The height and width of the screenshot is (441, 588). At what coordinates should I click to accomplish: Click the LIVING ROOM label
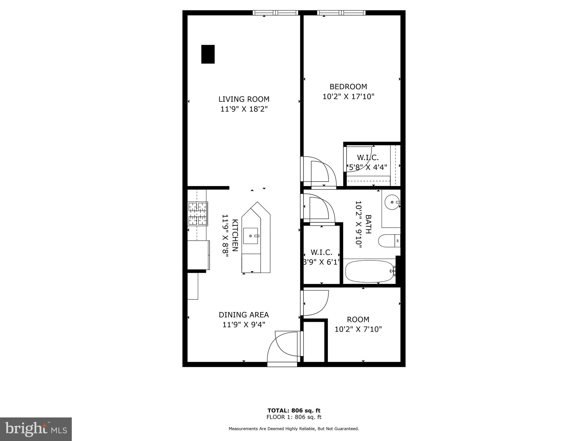pyautogui.click(x=244, y=99)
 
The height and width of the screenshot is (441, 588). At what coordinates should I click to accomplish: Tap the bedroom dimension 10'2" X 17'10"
pyautogui.click(x=348, y=96)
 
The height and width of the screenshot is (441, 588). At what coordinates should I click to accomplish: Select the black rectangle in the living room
pyautogui.click(x=208, y=54)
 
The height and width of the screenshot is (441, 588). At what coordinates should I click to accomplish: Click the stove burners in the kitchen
pyautogui.click(x=198, y=214)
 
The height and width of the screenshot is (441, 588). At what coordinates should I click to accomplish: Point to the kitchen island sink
pyautogui.click(x=251, y=236)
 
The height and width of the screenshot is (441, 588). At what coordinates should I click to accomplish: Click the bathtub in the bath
pyautogui.click(x=369, y=271)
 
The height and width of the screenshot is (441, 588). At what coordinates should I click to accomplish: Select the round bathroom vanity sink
pyautogui.click(x=392, y=202)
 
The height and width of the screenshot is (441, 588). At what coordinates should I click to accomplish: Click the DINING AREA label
pyautogui.click(x=244, y=315)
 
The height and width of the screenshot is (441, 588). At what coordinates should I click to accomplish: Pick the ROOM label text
pyautogui.click(x=358, y=320)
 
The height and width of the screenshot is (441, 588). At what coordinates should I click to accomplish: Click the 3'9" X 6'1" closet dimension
pyautogui.click(x=322, y=262)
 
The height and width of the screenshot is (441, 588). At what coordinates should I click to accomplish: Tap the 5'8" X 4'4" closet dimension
pyautogui.click(x=368, y=167)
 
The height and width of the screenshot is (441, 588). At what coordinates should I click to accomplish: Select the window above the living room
pyautogui.click(x=276, y=13)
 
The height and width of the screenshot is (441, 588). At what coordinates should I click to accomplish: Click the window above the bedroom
pyautogui.click(x=341, y=13)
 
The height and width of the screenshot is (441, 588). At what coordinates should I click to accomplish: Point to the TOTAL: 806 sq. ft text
pyautogui.click(x=294, y=411)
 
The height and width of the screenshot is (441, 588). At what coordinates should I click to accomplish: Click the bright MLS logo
pyautogui.click(x=36, y=429)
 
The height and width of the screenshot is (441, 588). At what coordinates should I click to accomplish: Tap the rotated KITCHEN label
pyautogui.click(x=235, y=235)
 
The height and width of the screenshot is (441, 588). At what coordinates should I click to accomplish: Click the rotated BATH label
pyautogui.click(x=368, y=224)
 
